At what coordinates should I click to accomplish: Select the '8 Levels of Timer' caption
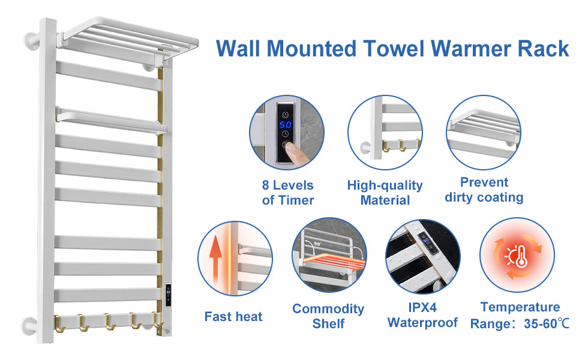click(288, 192)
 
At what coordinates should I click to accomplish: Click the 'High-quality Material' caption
click(385, 192)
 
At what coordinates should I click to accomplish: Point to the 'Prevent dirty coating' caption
click(484, 189)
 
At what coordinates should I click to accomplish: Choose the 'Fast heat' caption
click(233, 316)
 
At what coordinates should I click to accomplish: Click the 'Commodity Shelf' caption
click(328, 316)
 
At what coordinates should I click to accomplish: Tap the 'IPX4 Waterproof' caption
click(422, 315)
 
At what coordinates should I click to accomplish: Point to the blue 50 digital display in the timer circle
click(286, 125)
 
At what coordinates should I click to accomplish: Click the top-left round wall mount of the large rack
click(30, 43)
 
